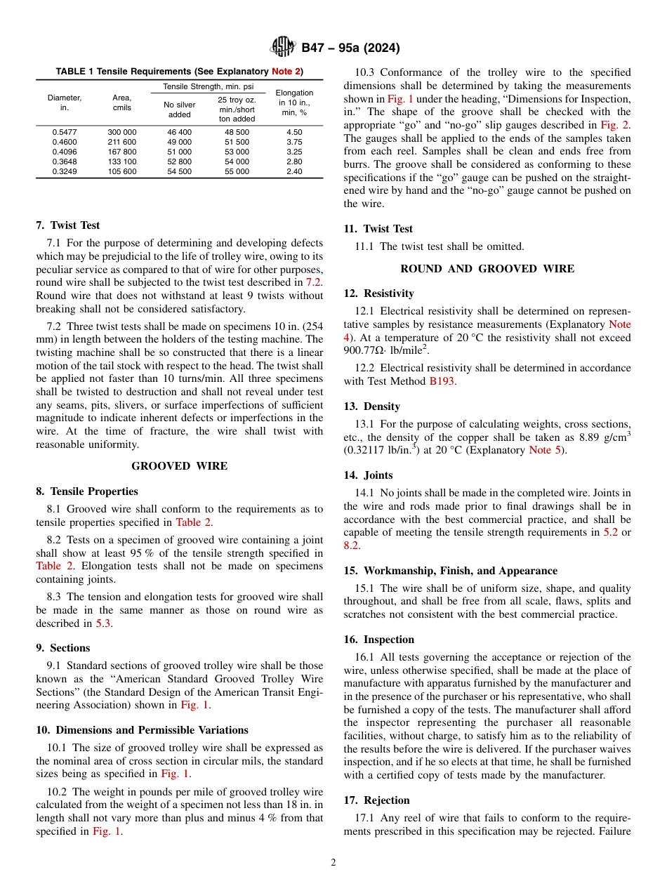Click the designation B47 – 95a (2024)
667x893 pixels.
point(350,48)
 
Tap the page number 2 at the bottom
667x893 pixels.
point(333,863)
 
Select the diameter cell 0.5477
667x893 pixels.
point(65,132)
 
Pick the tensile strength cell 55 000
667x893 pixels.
point(237,171)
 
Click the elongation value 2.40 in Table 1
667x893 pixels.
point(294,171)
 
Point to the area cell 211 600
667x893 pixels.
point(122,142)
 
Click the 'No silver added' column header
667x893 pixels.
point(180,110)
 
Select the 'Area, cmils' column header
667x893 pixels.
point(122,102)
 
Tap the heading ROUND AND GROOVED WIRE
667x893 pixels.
point(487,269)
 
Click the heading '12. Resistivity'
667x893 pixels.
point(379,293)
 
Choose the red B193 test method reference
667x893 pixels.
point(442,381)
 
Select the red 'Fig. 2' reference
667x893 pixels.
point(615,125)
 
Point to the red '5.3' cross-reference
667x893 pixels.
point(103,623)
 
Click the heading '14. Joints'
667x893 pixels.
point(369,475)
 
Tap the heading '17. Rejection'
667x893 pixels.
point(377,800)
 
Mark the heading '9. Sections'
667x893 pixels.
point(63,648)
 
